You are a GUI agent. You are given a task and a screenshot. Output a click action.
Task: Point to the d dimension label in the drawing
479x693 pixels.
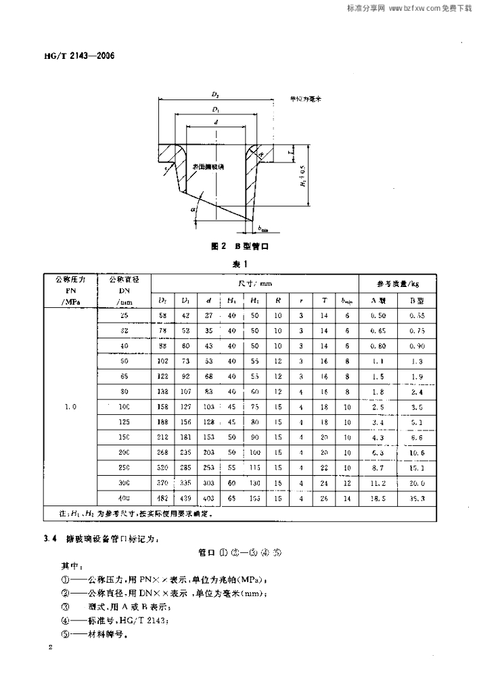tap(216, 122)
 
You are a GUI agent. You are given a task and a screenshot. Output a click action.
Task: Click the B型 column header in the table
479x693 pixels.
tap(416, 300)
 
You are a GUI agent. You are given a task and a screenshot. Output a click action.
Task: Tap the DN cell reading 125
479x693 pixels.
tap(123, 423)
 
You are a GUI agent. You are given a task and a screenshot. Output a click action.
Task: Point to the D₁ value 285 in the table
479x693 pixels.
tap(185, 467)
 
